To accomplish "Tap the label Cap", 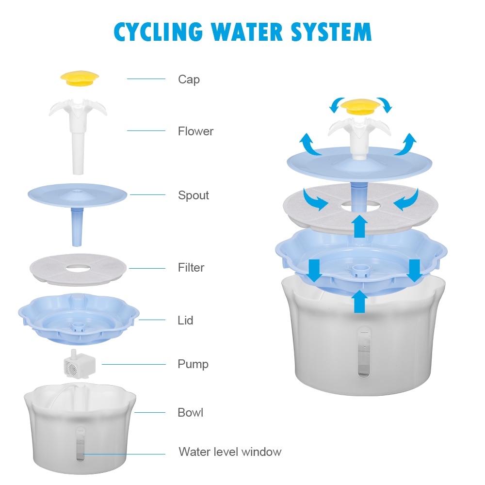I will pos(189,79).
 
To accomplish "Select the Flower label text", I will pos(195,131).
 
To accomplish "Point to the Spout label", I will pos(193,195).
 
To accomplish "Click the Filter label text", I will pos(191,267).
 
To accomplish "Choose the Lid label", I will pos(185,320).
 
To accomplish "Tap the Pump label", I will pos(193,364).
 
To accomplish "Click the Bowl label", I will pos(190,413).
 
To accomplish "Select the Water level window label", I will pos(230,452).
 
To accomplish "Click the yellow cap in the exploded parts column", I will pos(80,78).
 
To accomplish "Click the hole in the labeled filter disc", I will pos(78,267).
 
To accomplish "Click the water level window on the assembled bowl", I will pos(363,352).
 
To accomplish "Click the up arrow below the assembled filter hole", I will pos(359,226).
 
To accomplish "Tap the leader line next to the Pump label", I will pos(133,364).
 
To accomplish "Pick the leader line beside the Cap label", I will pos(146,79).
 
